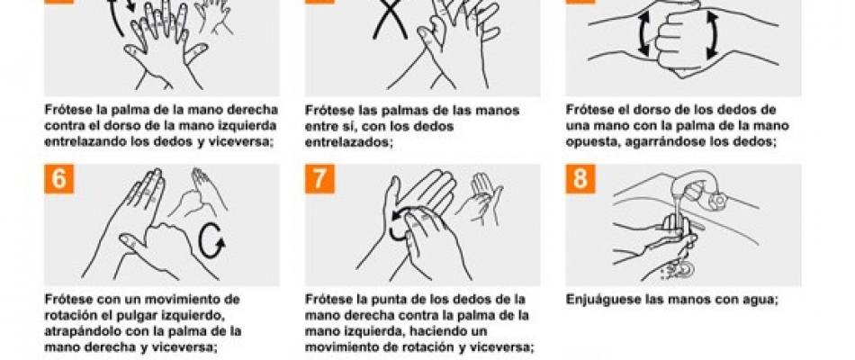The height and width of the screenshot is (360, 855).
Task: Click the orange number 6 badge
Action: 58,179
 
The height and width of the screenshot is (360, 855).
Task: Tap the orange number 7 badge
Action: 319,179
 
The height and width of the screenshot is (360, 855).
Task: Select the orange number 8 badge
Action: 580,179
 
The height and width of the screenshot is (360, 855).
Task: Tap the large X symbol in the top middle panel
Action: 390,20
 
